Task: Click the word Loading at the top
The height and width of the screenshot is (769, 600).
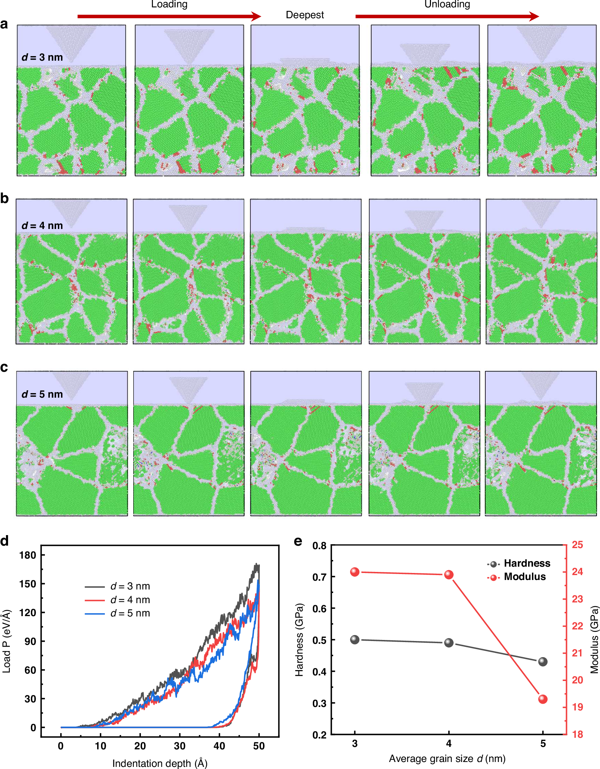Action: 169,4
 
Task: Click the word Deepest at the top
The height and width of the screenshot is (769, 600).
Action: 305,15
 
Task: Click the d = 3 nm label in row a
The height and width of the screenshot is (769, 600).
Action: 42,58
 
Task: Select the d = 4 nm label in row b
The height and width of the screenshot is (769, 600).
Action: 42,226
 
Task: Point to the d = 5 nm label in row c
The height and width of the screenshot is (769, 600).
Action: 42,394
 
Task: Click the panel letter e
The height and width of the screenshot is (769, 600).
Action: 298,541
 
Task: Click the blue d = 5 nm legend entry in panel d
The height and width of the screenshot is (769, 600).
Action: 117,613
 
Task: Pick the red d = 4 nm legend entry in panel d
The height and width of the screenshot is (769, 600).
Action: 117,600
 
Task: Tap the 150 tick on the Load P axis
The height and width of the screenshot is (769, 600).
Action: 28,584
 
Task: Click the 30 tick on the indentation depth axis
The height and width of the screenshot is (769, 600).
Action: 180,746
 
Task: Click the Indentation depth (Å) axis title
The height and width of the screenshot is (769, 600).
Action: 160,763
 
